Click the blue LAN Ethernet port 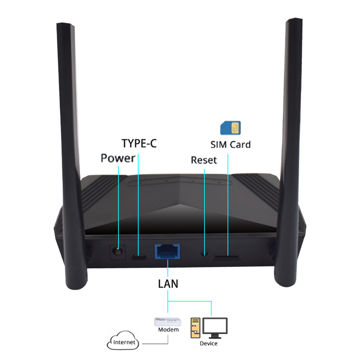click(167, 252)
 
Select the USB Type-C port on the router click(139, 257)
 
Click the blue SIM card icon click(230, 128)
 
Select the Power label click(118, 158)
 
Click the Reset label click(204, 160)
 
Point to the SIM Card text click(230, 145)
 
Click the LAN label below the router click(168, 284)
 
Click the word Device click(208, 344)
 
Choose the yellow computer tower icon click(196, 328)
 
